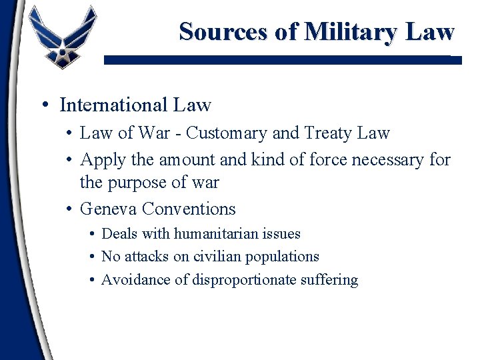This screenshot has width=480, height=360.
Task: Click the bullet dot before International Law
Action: pos(43,105)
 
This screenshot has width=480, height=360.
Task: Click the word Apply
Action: pos(101,160)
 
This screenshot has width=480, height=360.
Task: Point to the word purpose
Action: pos(141,182)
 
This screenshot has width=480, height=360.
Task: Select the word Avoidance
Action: pos(135,279)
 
